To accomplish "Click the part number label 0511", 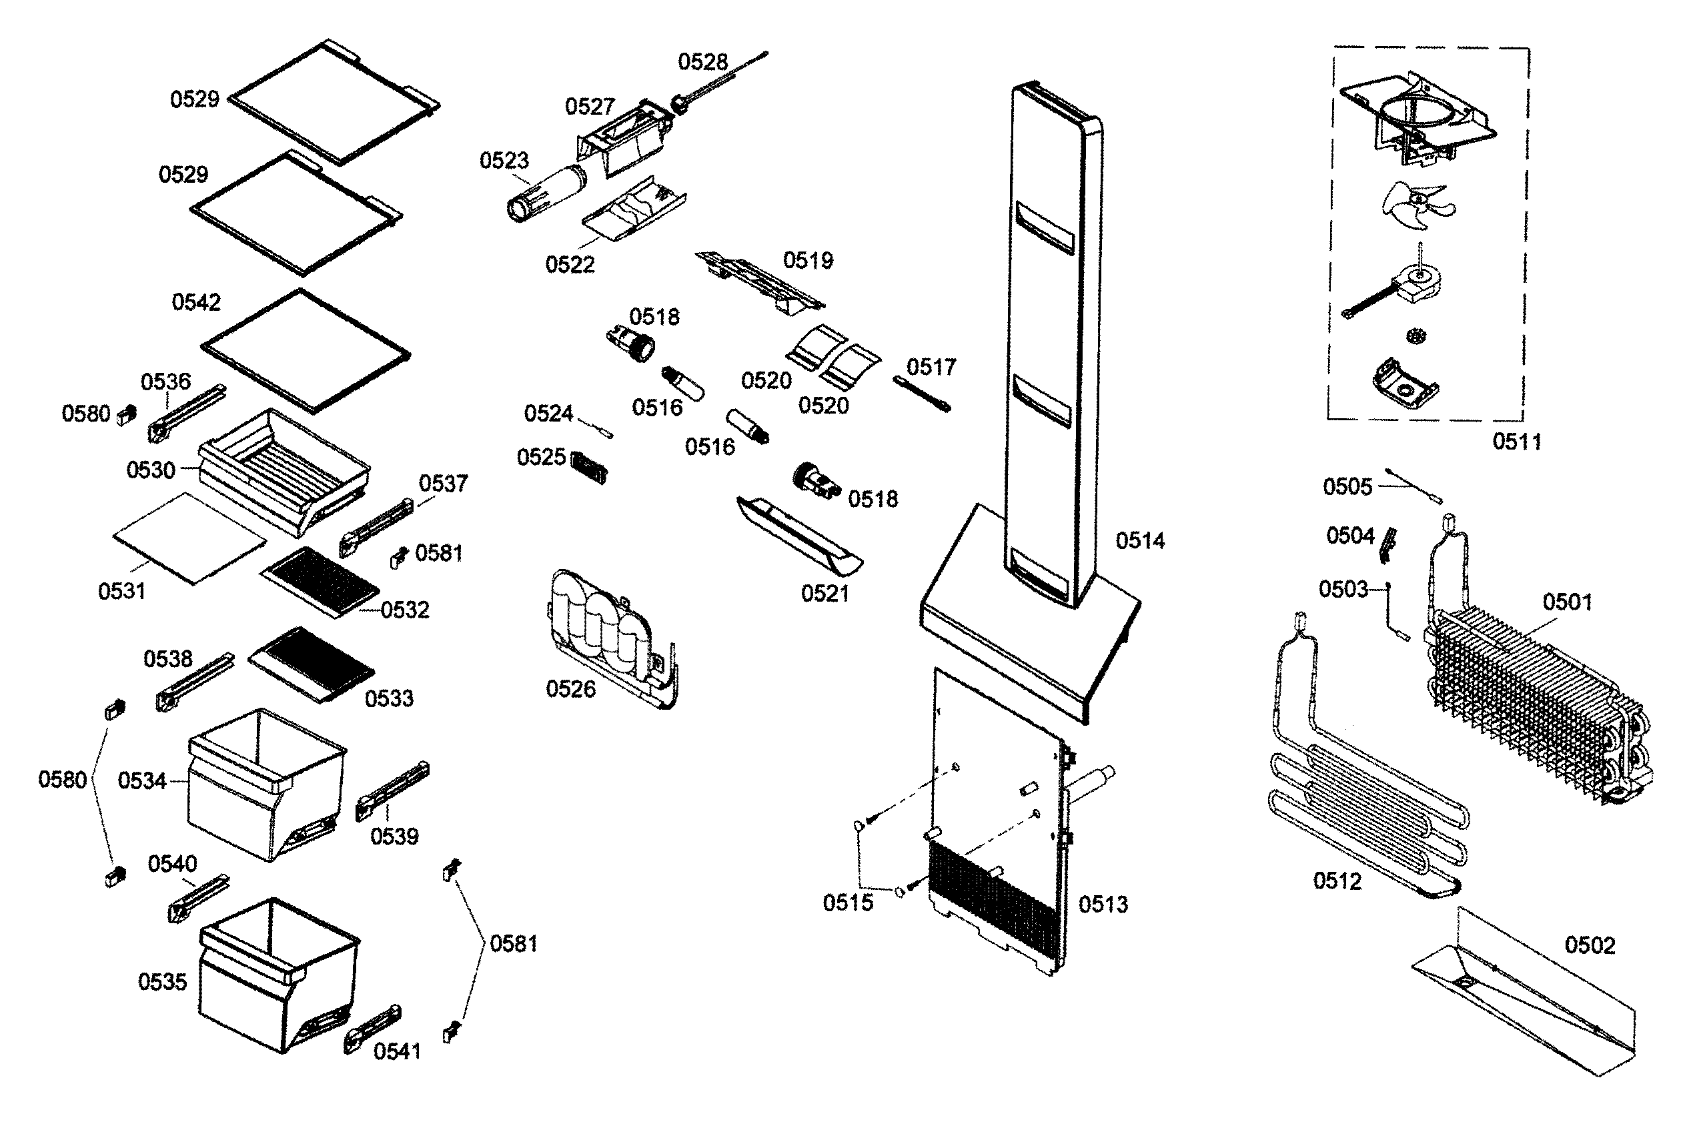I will [x=1517, y=442].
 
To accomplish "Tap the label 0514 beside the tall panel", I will [x=1140, y=541].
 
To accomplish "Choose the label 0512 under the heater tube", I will [x=1337, y=881].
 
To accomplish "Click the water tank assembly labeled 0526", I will [x=610, y=638].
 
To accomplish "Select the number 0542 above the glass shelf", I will [x=196, y=302].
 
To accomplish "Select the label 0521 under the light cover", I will [x=824, y=594].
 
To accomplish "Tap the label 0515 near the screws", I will [x=848, y=903].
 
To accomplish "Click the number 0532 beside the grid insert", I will [x=405, y=610].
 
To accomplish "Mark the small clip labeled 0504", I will [x=1388, y=545].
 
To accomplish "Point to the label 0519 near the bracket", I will [x=808, y=261].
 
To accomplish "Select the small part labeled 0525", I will [x=589, y=467].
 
